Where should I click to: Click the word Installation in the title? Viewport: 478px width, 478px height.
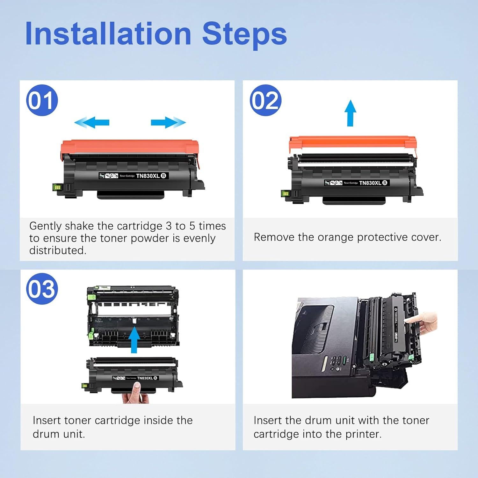(x=108, y=34)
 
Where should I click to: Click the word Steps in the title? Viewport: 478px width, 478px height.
(x=244, y=34)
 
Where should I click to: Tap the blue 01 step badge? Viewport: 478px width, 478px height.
(x=42, y=100)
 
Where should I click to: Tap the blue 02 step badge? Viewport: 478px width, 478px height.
(x=265, y=100)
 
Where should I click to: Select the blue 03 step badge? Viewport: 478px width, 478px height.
(x=42, y=289)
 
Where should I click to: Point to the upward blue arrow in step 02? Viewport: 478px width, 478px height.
(x=350, y=113)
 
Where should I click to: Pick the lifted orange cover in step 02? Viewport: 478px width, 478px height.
(x=352, y=142)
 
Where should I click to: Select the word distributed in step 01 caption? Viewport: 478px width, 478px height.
(x=57, y=250)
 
